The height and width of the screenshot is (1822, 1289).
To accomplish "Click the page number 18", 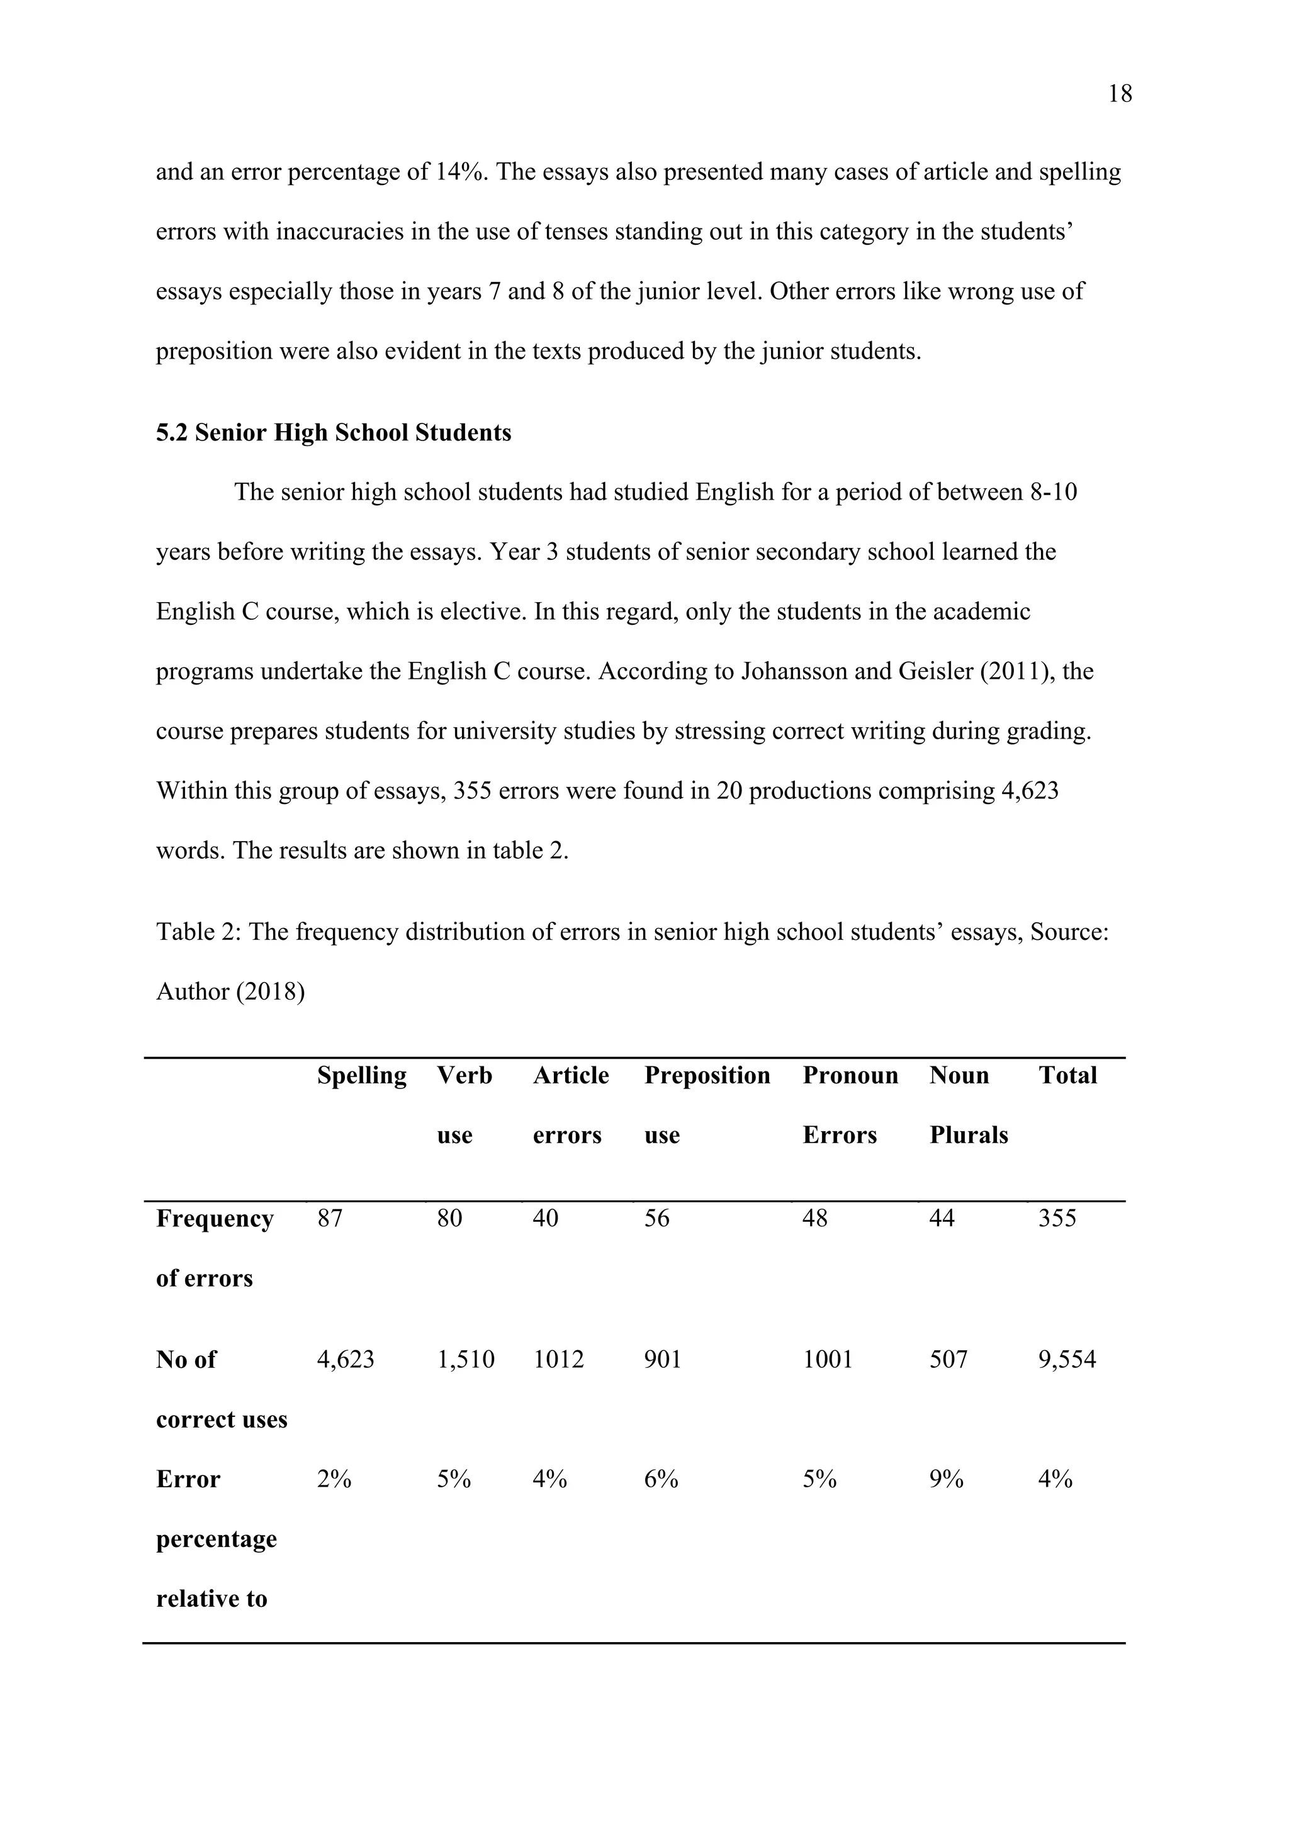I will (1119, 94).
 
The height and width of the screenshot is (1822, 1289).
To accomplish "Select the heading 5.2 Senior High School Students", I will (334, 433).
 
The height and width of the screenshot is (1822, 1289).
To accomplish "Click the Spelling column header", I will (361, 1075).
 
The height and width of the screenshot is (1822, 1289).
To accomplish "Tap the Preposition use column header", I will (706, 1104).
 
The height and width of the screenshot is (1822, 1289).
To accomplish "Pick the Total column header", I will (1067, 1075).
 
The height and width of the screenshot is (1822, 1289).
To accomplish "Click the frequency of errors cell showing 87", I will (330, 1218).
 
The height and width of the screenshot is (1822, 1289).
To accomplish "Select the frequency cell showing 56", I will (656, 1218).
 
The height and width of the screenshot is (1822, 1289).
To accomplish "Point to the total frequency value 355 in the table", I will (1057, 1218).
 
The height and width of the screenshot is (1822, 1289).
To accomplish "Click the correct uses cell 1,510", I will (465, 1360).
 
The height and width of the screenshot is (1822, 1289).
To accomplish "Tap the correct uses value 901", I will (663, 1360).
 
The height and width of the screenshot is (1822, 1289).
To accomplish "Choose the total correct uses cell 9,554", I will (1067, 1360).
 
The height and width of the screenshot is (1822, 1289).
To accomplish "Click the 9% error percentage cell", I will (946, 1479).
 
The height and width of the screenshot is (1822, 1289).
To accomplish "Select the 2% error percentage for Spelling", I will (334, 1479).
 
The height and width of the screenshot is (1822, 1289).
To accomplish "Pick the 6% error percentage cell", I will (661, 1479).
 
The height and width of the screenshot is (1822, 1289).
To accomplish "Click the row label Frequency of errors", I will (214, 1247).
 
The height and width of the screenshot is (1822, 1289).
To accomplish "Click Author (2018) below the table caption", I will (230, 992).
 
